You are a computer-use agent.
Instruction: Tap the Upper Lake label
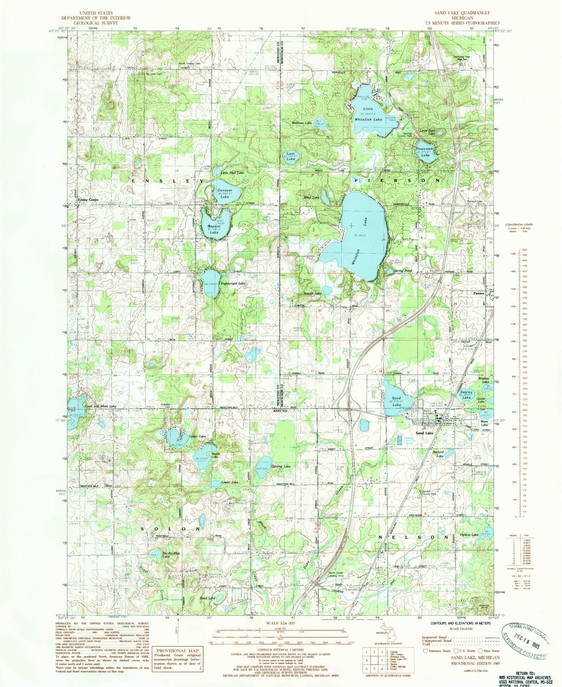click(197, 436)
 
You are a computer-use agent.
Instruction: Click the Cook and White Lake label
click(100, 406)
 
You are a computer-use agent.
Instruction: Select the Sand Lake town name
click(424, 433)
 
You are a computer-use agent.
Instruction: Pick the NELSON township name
click(413, 536)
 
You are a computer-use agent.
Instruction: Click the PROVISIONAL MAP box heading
click(177, 650)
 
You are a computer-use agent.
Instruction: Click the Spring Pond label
click(403, 271)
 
